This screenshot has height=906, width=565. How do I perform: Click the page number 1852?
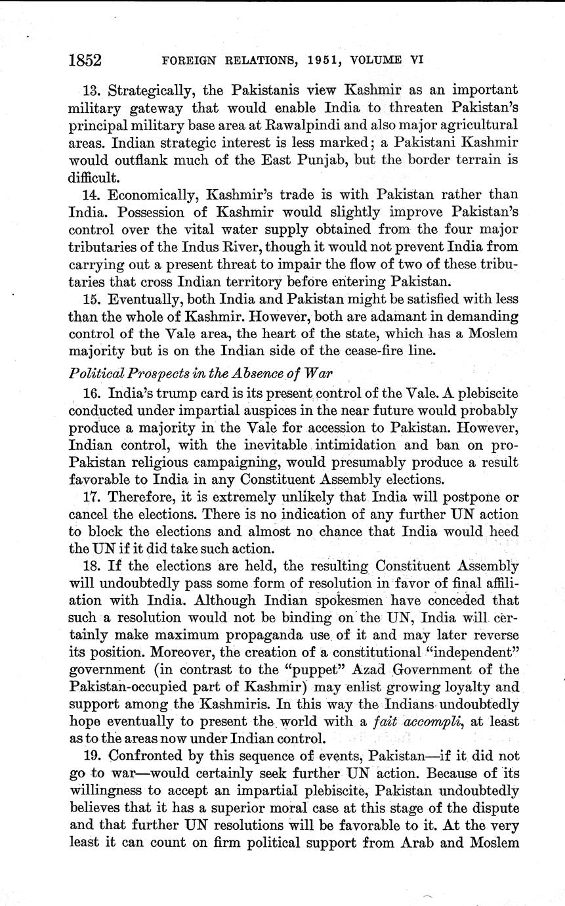pos(85,60)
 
